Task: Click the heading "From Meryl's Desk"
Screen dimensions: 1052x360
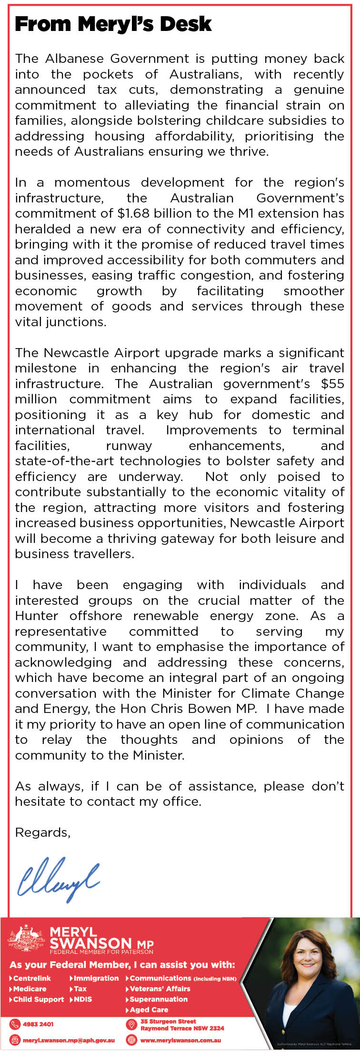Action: (113, 24)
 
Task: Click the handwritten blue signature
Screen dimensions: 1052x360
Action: (58, 879)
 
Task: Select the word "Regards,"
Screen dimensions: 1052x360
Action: (43, 832)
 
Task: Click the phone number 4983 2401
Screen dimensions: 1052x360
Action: (38, 1023)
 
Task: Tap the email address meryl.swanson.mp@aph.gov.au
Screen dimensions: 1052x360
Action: (69, 1041)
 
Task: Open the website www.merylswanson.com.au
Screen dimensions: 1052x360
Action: (180, 1041)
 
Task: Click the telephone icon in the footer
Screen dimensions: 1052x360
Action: (15, 1024)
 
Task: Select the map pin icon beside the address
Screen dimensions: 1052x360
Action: (131, 1024)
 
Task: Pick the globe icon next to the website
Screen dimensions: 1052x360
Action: (131, 1040)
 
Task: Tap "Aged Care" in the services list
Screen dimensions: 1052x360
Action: (149, 1010)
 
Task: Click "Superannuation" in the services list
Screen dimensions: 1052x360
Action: (159, 999)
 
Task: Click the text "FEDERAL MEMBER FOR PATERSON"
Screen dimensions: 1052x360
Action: (101, 952)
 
